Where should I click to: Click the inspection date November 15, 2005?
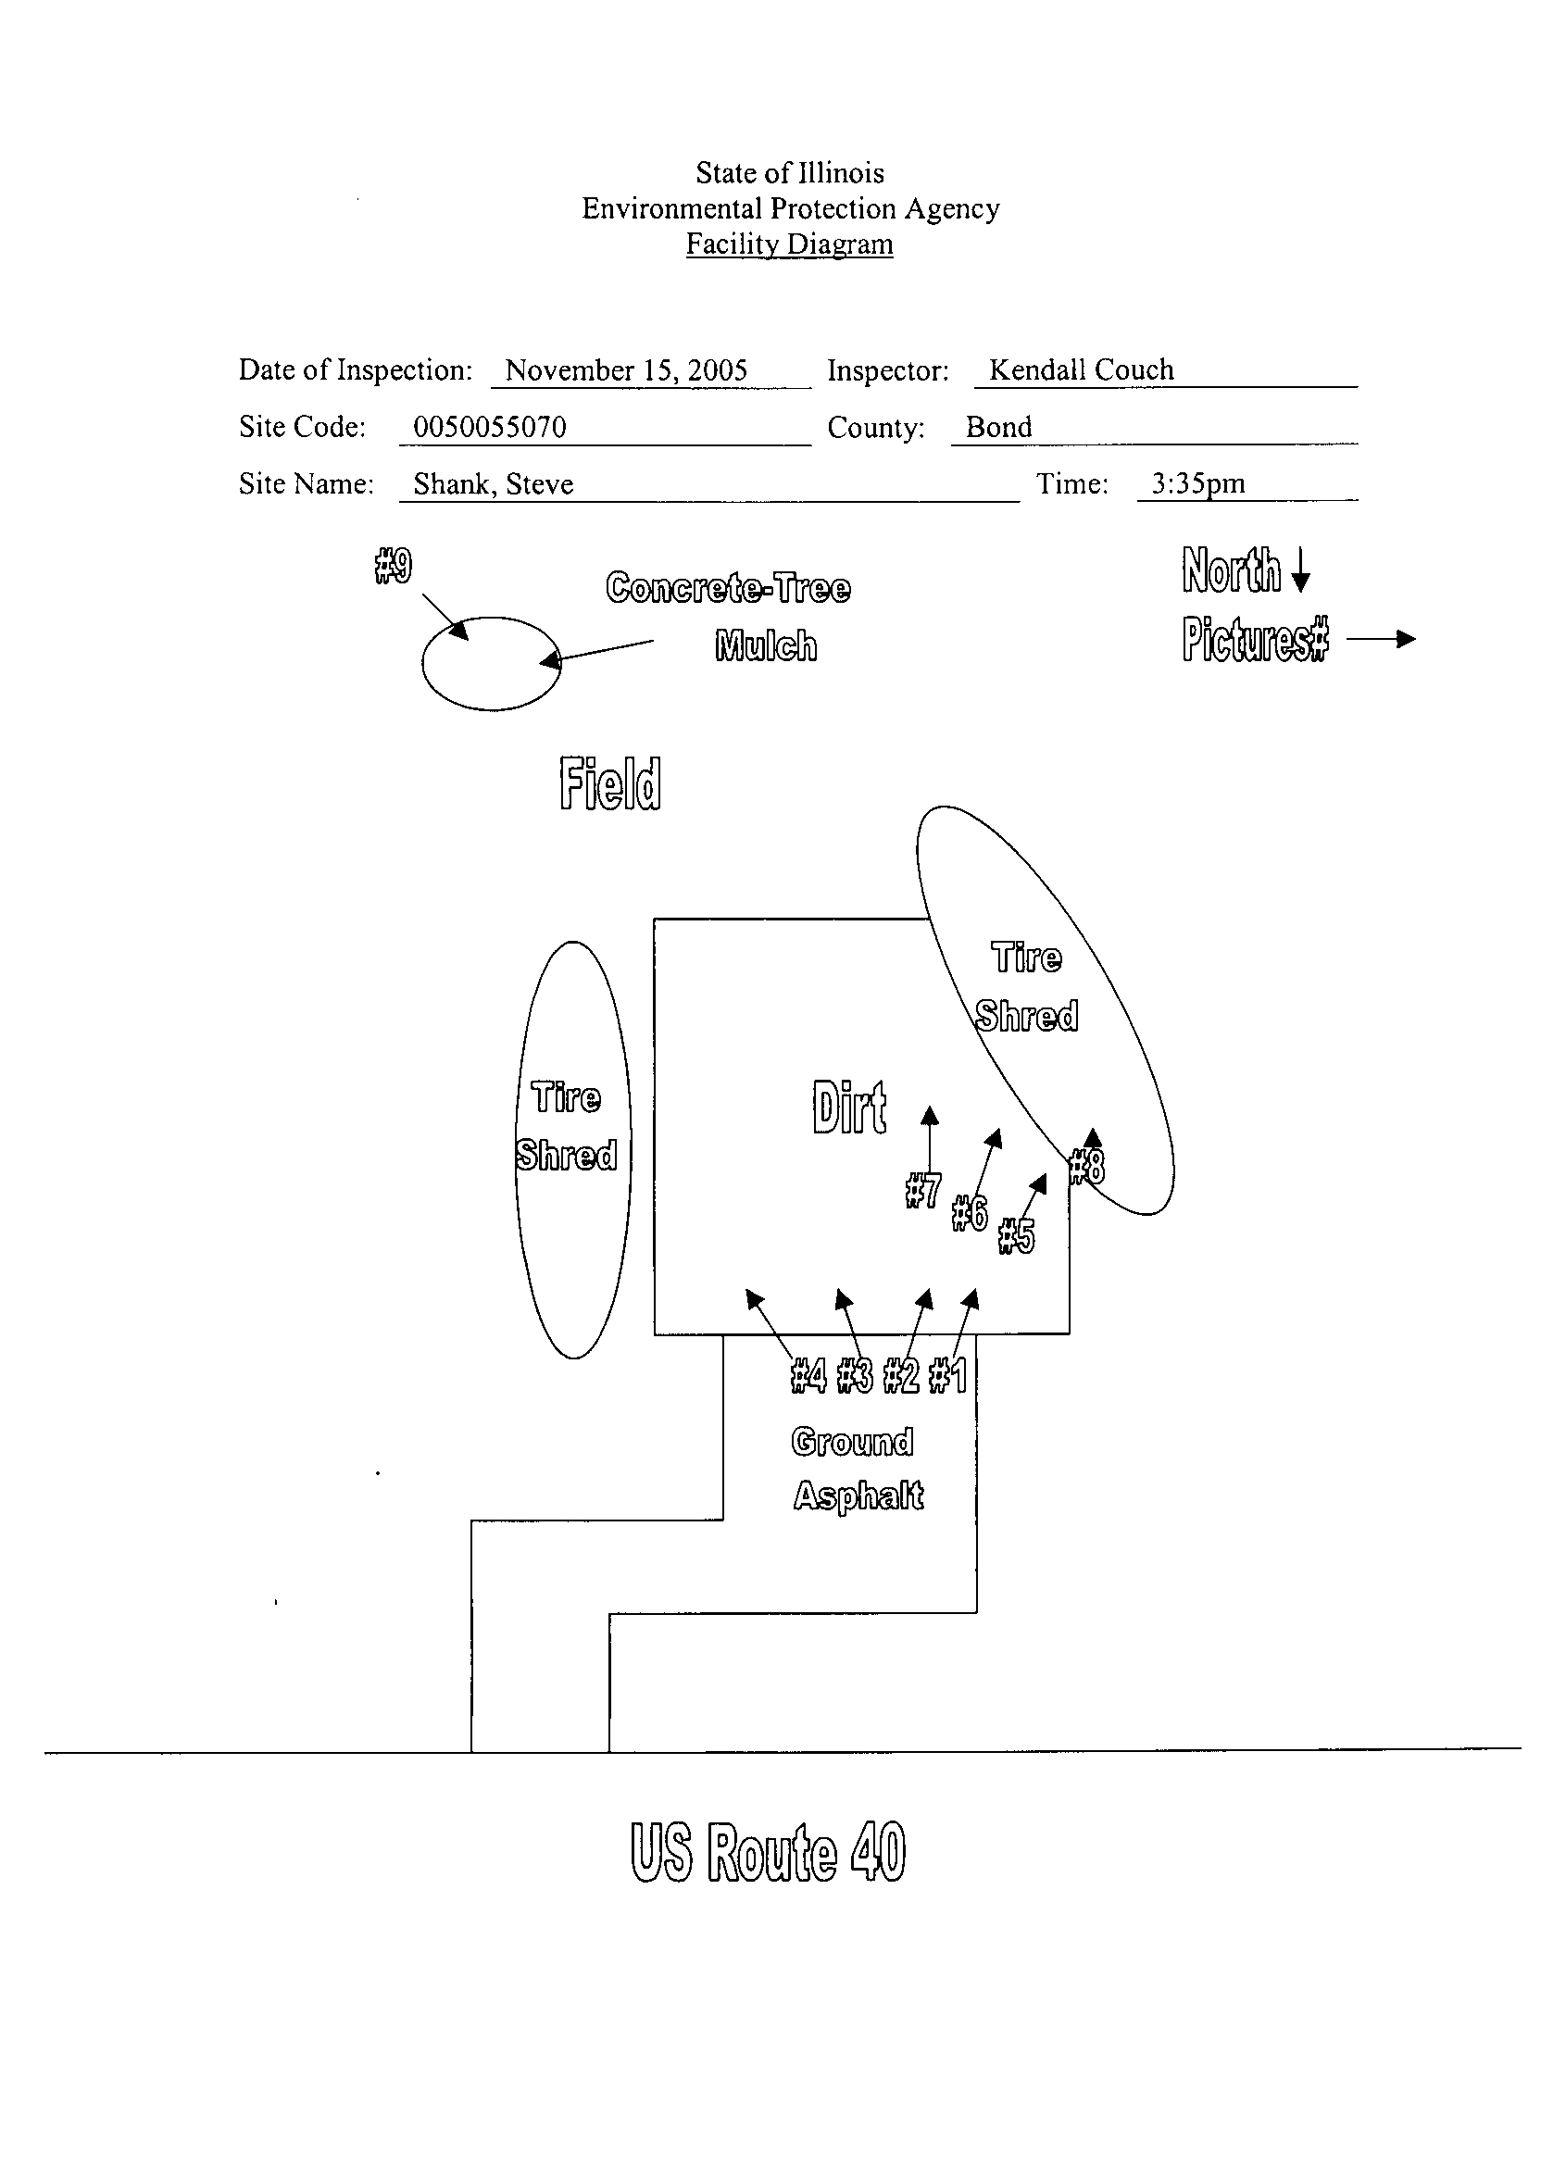pyautogui.click(x=626, y=370)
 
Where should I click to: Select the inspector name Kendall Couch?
pyautogui.click(x=1082, y=369)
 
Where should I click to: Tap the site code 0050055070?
pyautogui.click(x=490, y=427)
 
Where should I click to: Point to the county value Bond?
pyautogui.click(x=999, y=427)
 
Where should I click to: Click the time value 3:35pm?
pyautogui.click(x=1197, y=484)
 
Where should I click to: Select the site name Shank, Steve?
pyautogui.click(x=494, y=484)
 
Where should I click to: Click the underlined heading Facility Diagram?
pyautogui.click(x=789, y=244)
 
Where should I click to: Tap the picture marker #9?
pyautogui.click(x=393, y=567)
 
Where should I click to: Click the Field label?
pyautogui.click(x=610, y=782)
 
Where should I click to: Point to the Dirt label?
pyautogui.click(x=849, y=1108)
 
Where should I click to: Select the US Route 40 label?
pyautogui.click(x=769, y=1852)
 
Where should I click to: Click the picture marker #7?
pyautogui.click(x=923, y=1190)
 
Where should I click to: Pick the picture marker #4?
pyautogui.click(x=808, y=1376)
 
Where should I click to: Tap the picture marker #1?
pyautogui.click(x=948, y=1376)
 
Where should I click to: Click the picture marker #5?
pyautogui.click(x=1016, y=1236)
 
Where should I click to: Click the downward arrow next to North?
pyautogui.click(x=1301, y=570)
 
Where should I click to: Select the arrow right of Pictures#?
pyautogui.click(x=1381, y=640)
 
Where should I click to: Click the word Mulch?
pyautogui.click(x=766, y=646)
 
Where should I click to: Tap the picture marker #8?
pyautogui.click(x=1086, y=1167)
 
